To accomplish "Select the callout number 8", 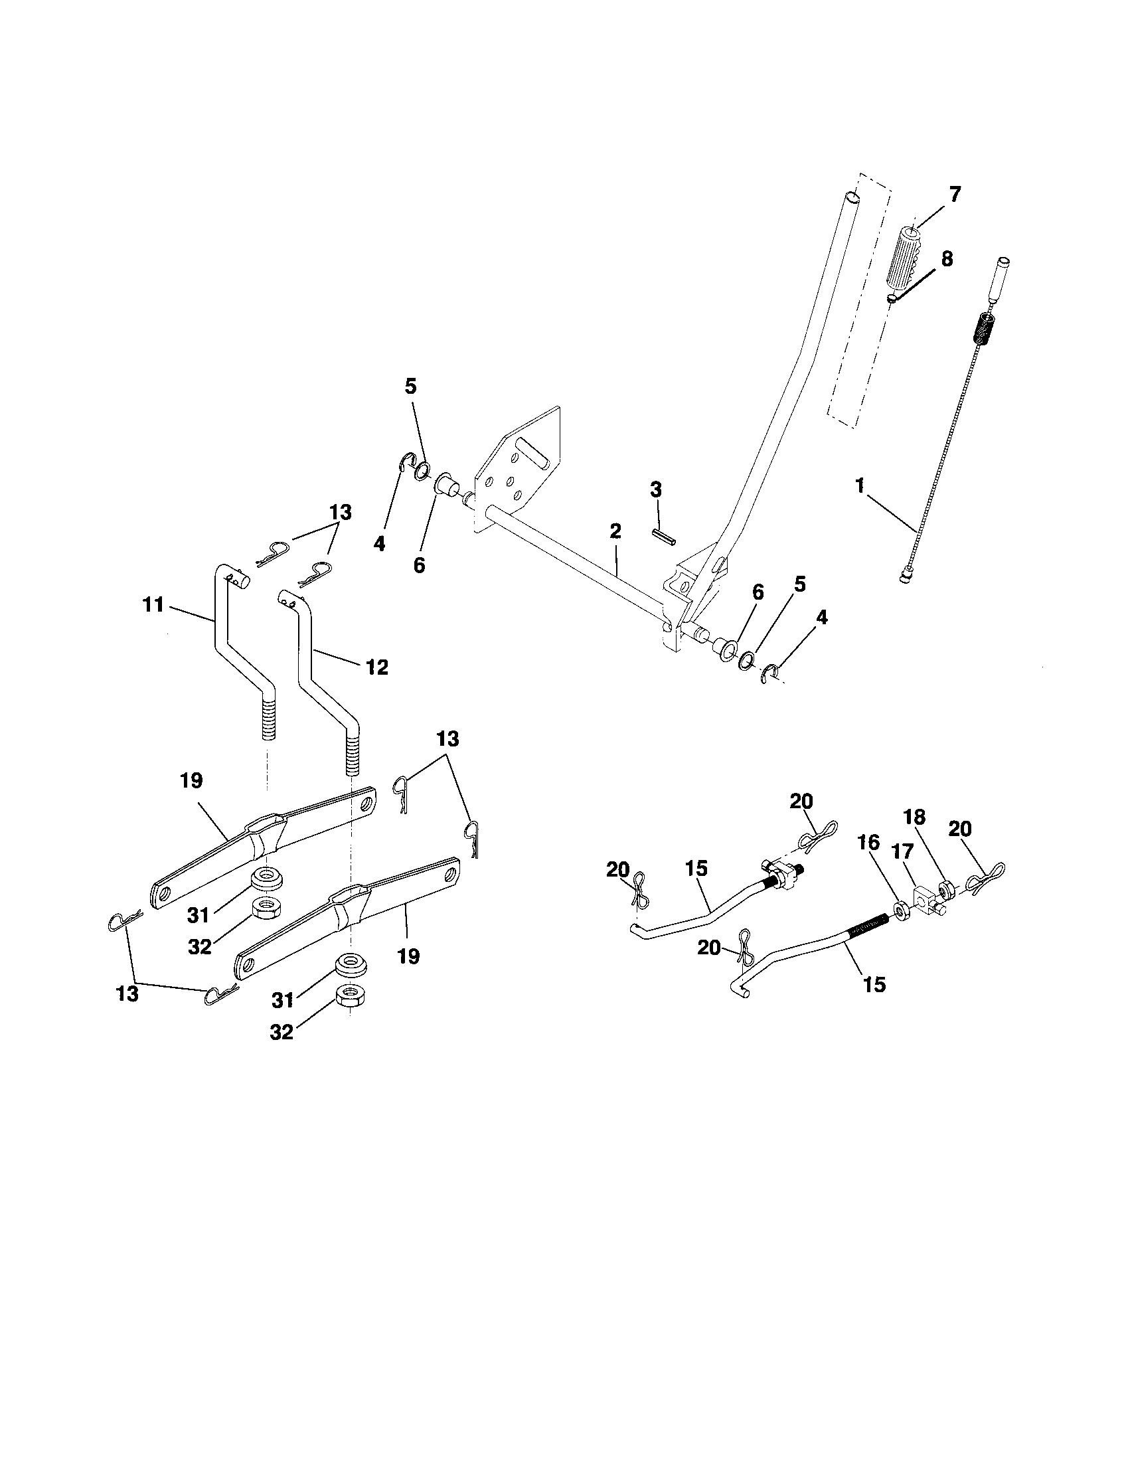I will pos(947,259).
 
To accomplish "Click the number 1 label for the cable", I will pos(860,485).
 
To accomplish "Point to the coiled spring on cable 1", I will pos(981,330).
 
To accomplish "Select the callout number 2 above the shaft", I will pos(615,532).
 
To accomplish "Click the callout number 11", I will pos(153,605).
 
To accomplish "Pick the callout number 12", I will pos(376,667).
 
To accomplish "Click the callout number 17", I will pos(902,851).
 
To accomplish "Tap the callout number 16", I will pos(869,843).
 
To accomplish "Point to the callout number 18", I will pos(914,817).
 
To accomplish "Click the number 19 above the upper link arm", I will pos(191,781).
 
